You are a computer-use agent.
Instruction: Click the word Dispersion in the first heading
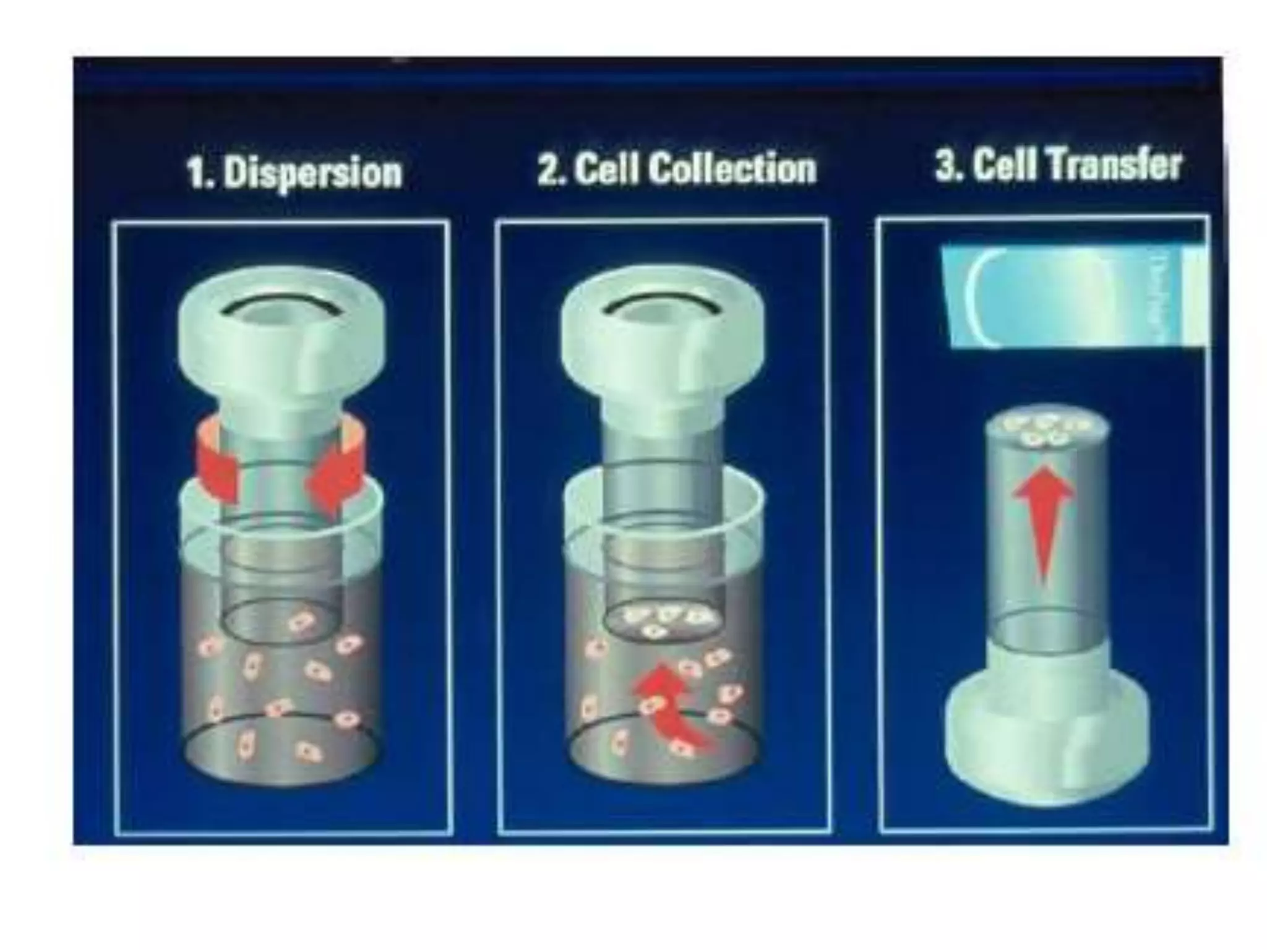[312, 173]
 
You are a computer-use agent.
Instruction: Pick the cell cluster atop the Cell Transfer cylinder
[1046, 430]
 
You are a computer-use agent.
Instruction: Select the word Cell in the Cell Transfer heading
[1002, 165]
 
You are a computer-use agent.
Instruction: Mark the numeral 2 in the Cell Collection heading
[548, 169]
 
